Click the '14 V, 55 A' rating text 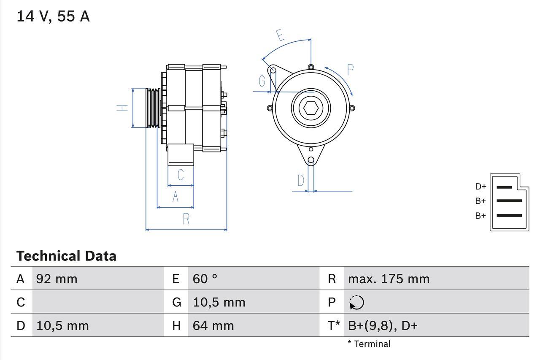(x=53, y=16)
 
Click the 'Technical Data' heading (x=66, y=256)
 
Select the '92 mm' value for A (x=57, y=279)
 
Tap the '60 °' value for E (x=205, y=279)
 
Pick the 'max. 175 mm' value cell (x=389, y=279)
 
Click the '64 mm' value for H (x=213, y=325)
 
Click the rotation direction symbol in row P (x=356, y=302)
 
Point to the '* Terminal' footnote (x=369, y=344)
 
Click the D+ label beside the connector (x=481, y=187)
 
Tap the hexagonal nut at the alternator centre (x=311, y=108)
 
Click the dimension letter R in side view (x=186, y=219)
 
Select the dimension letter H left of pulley (x=122, y=108)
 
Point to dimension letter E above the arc (x=280, y=35)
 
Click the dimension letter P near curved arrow (x=350, y=70)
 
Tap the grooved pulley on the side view (x=153, y=108)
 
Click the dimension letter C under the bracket (x=181, y=174)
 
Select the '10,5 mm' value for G (x=219, y=302)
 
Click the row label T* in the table (x=334, y=325)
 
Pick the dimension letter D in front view (x=300, y=181)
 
